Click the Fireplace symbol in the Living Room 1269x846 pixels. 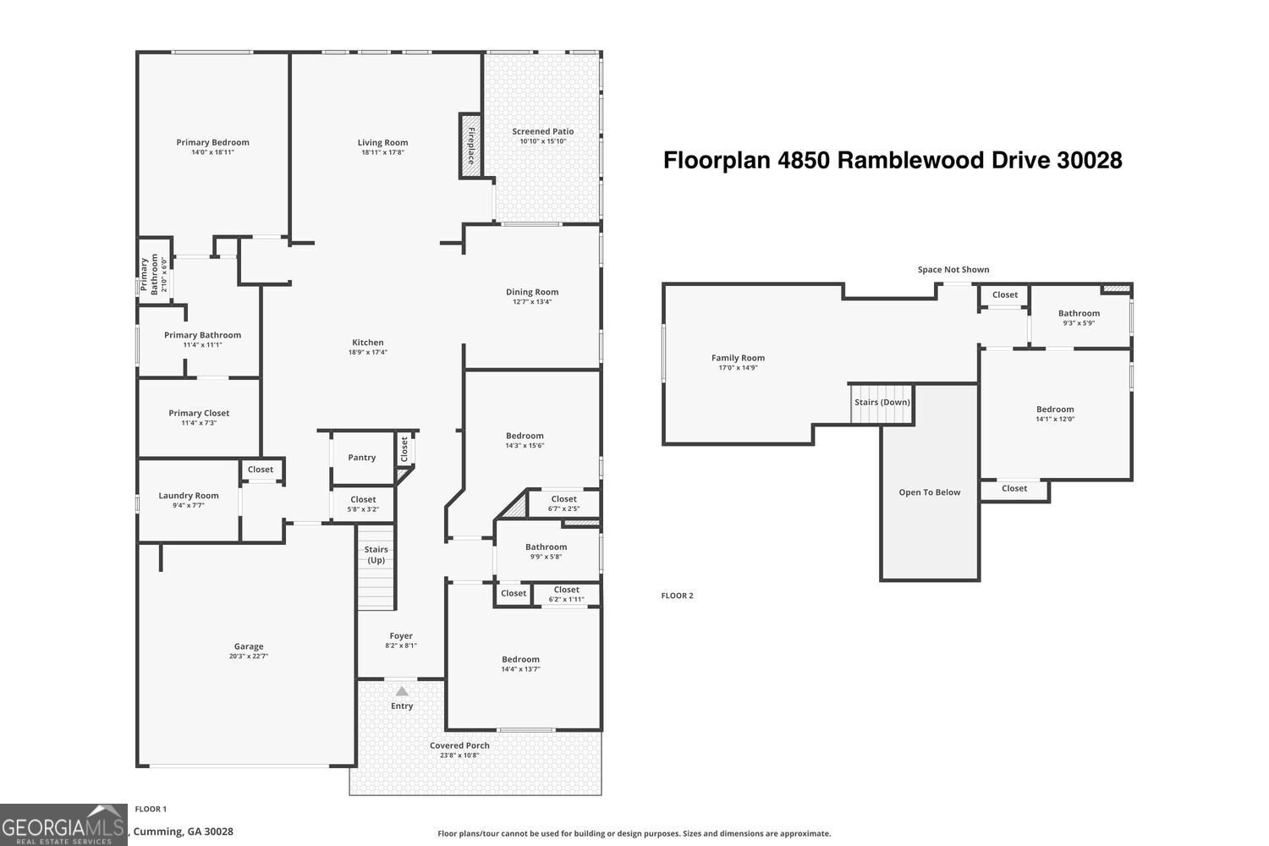point(470,146)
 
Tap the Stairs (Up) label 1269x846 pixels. point(376,555)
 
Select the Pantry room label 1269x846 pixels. point(362,458)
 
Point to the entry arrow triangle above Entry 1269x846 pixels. point(402,691)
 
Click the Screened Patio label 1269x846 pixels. point(543,131)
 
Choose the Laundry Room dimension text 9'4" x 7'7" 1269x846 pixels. point(189,505)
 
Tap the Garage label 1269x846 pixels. point(249,646)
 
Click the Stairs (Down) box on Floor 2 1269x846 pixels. point(882,403)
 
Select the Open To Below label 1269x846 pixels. point(930,492)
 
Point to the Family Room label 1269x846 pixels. point(738,358)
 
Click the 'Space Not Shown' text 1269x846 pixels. point(953,270)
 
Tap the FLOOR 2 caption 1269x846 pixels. point(677,596)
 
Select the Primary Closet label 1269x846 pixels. point(199,413)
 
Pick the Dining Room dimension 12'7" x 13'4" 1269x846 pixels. point(532,302)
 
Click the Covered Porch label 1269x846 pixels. point(459,745)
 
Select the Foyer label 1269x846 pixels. point(401,635)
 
